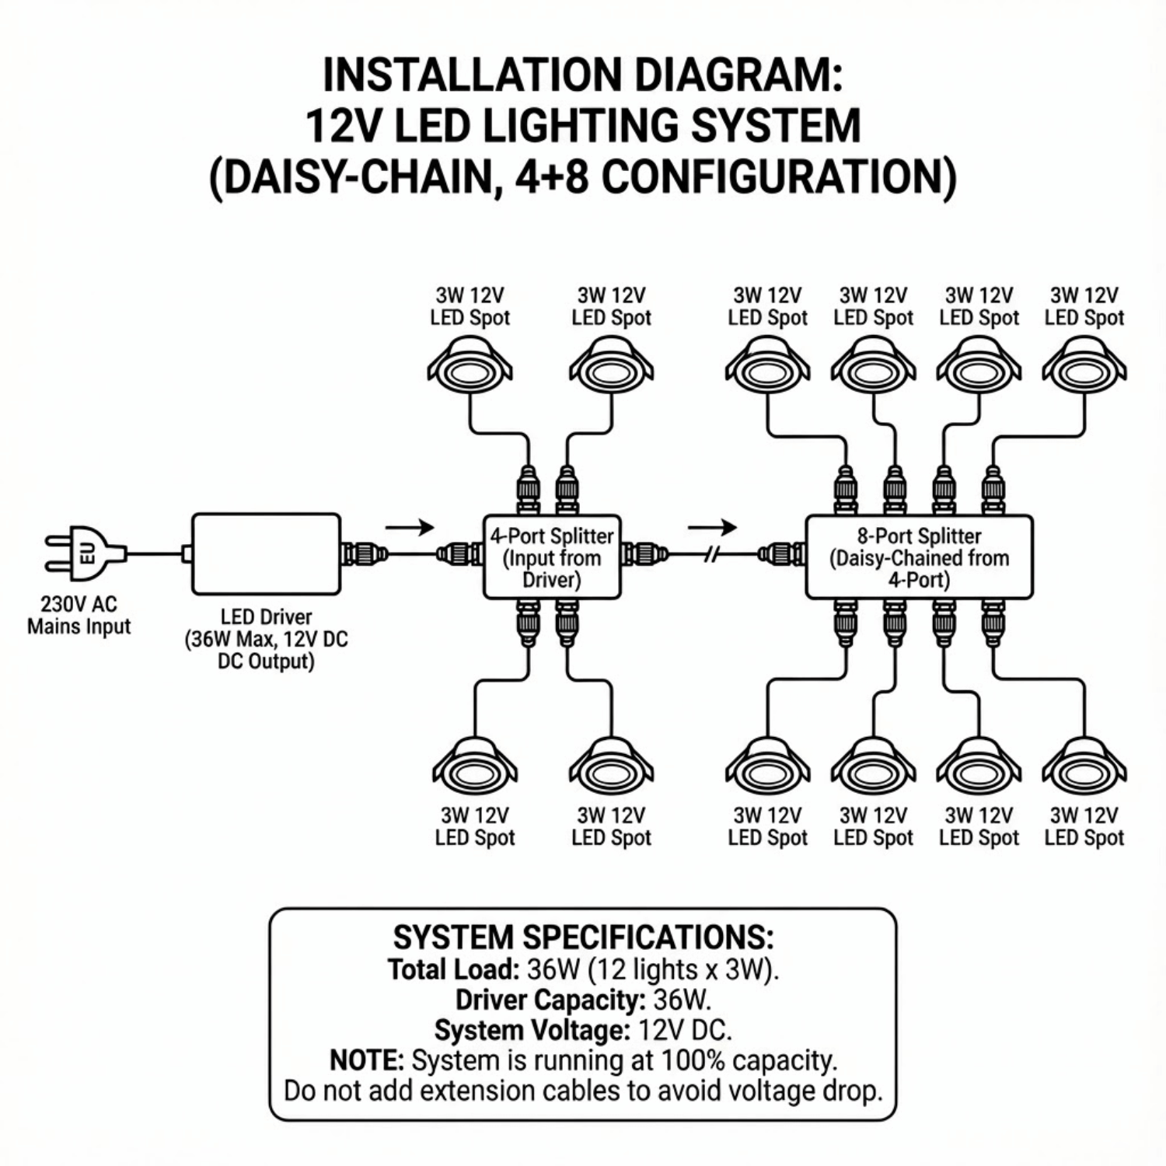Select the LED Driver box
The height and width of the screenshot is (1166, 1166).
tap(266, 553)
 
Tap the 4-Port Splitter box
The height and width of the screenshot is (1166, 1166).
tap(552, 557)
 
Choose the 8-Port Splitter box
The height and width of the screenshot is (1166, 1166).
tap(919, 557)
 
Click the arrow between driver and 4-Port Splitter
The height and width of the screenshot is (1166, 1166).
tap(410, 528)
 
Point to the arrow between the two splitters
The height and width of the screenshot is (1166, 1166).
tap(711, 528)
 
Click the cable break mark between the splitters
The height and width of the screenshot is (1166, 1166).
tap(712, 554)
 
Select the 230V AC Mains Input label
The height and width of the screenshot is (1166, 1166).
tap(79, 615)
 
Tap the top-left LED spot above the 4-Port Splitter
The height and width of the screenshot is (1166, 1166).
tap(470, 366)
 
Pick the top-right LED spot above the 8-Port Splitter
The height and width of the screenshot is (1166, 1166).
tap(1084, 366)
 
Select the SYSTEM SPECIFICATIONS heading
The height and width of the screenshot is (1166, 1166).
tap(583, 937)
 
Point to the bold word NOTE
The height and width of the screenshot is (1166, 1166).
tap(366, 1060)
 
